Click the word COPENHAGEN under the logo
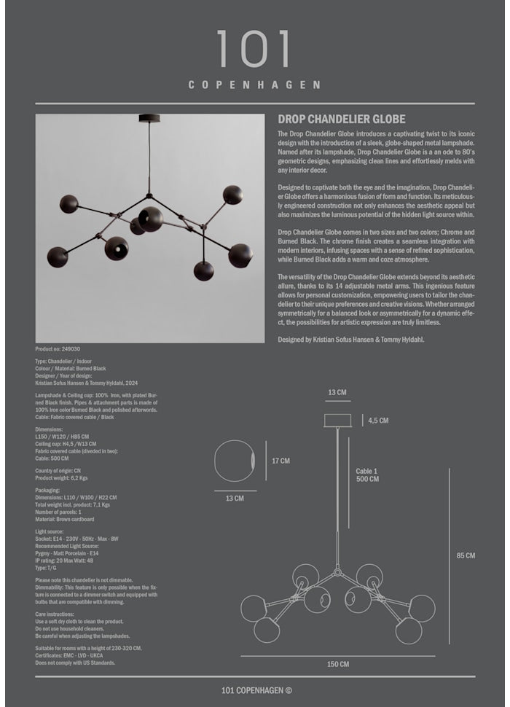(254, 85)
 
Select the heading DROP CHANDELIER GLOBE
(342, 120)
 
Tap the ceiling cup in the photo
(149, 117)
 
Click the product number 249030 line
(58, 350)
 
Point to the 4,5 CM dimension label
(378, 421)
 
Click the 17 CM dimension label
(280, 461)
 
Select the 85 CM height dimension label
(466, 555)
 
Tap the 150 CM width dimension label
(337, 664)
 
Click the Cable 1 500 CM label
(367, 475)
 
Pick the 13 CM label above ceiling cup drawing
(337, 393)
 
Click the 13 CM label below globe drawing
(235, 499)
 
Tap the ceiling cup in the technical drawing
(337, 420)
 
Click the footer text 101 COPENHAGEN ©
(256, 691)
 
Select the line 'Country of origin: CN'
(58, 471)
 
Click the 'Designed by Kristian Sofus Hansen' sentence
(351, 340)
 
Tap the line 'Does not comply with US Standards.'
(75, 663)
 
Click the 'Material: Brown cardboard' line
(65, 519)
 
